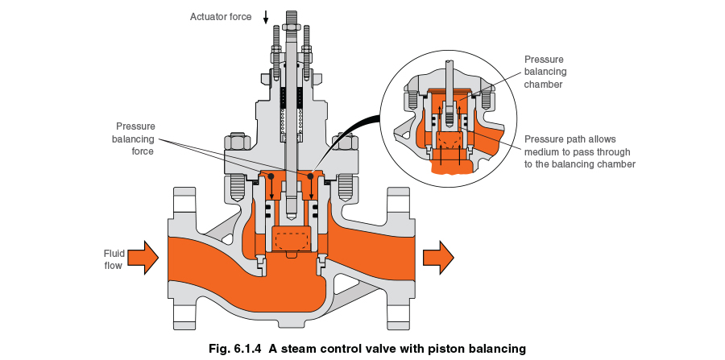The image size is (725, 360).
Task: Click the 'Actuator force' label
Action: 220,16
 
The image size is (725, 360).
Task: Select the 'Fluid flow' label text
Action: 114,259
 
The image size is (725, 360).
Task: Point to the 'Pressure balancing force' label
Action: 135,139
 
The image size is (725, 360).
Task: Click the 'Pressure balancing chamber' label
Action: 544,72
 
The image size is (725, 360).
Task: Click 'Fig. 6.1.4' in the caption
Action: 232,349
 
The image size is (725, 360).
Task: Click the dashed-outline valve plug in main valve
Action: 292,239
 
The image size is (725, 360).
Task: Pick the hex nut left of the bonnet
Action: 237,146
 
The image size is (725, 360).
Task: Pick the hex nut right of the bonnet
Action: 345,146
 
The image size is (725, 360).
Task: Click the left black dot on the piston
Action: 271,176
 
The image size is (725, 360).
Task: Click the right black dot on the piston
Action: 311,176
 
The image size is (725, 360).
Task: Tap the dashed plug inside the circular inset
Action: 448,143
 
